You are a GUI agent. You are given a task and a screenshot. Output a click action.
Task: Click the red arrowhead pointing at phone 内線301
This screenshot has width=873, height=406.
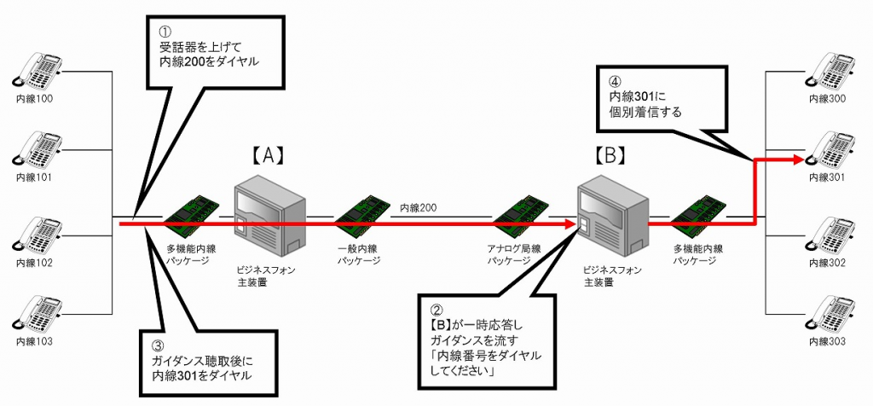[x=796, y=159]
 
